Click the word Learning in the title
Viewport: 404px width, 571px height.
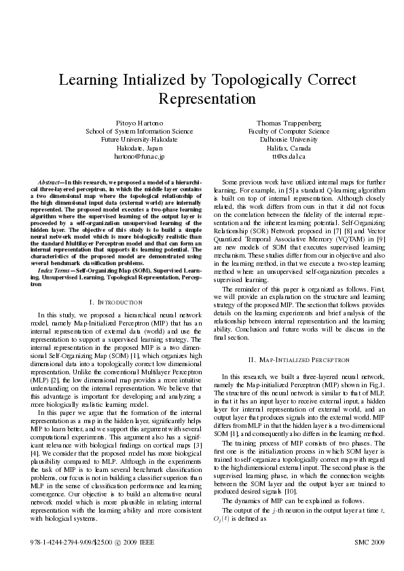(x=90, y=81)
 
